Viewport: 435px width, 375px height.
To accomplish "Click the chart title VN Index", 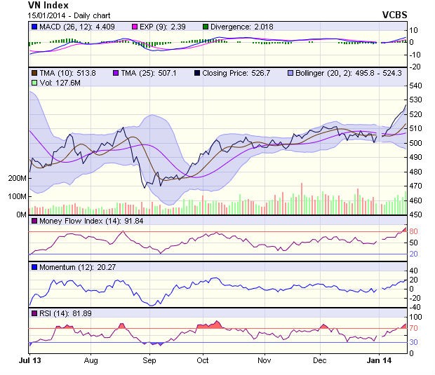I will (43, 5).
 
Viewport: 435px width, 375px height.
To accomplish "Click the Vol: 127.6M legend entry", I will (58, 83).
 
